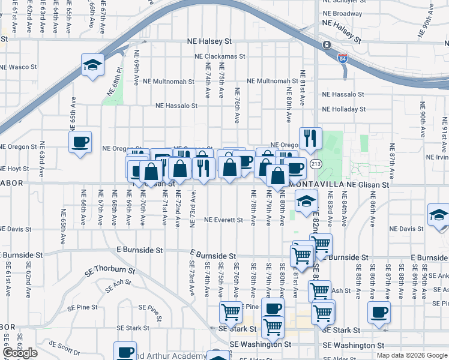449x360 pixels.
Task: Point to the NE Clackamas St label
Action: [220, 56]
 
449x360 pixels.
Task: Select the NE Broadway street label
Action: [343, 13]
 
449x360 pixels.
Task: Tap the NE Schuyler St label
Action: [343, 2]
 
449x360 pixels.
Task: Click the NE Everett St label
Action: [223, 220]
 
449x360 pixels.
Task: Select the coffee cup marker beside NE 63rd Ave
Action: [80, 142]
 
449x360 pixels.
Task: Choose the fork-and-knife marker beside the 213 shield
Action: [310, 139]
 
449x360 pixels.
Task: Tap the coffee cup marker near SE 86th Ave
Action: [379, 312]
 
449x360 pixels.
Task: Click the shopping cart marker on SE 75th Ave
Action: [231, 312]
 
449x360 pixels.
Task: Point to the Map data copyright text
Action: [412, 355]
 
